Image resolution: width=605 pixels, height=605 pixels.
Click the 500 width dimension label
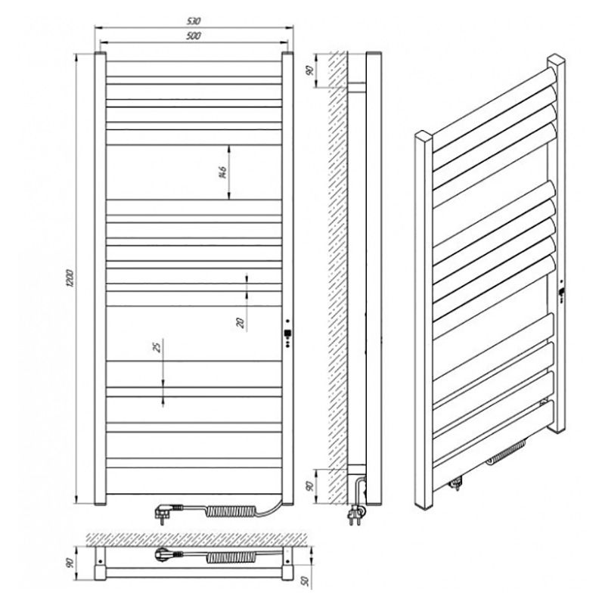coord(194,36)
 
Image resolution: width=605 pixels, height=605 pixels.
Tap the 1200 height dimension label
coord(70,278)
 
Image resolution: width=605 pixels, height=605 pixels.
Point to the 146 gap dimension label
coord(222,172)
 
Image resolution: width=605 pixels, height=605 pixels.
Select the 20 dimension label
coord(240,323)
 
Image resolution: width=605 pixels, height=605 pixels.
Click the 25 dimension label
coord(157,347)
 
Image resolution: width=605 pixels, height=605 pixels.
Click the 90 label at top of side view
coord(309,70)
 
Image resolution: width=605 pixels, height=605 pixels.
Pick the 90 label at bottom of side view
coord(309,486)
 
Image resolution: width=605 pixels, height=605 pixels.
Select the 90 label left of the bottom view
coord(70,563)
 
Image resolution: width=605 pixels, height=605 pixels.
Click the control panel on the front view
coord(287,333)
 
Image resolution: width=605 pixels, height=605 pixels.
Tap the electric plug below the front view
coord(168,511)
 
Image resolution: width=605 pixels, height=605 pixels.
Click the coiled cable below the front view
coord(231,511)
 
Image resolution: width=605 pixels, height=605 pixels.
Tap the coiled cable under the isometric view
coord(506,452)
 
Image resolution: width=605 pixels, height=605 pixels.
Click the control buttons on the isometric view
coord(561,292)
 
